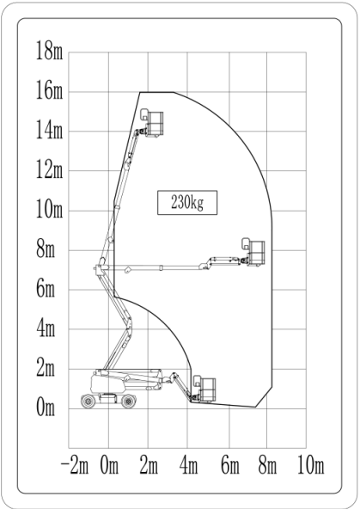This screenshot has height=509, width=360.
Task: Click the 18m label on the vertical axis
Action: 49,51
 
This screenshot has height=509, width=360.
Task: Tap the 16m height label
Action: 49,90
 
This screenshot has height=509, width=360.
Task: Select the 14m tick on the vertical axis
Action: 49,130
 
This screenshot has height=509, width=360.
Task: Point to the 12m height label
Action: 49,169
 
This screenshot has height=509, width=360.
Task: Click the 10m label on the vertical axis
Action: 49,209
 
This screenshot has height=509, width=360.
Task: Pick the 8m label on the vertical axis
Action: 46,248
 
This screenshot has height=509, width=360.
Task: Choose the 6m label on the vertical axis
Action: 46,288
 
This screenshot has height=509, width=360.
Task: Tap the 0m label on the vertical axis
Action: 46,407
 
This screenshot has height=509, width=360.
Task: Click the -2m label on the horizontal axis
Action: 75,465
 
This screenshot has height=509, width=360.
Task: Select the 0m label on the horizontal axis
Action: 109,465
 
